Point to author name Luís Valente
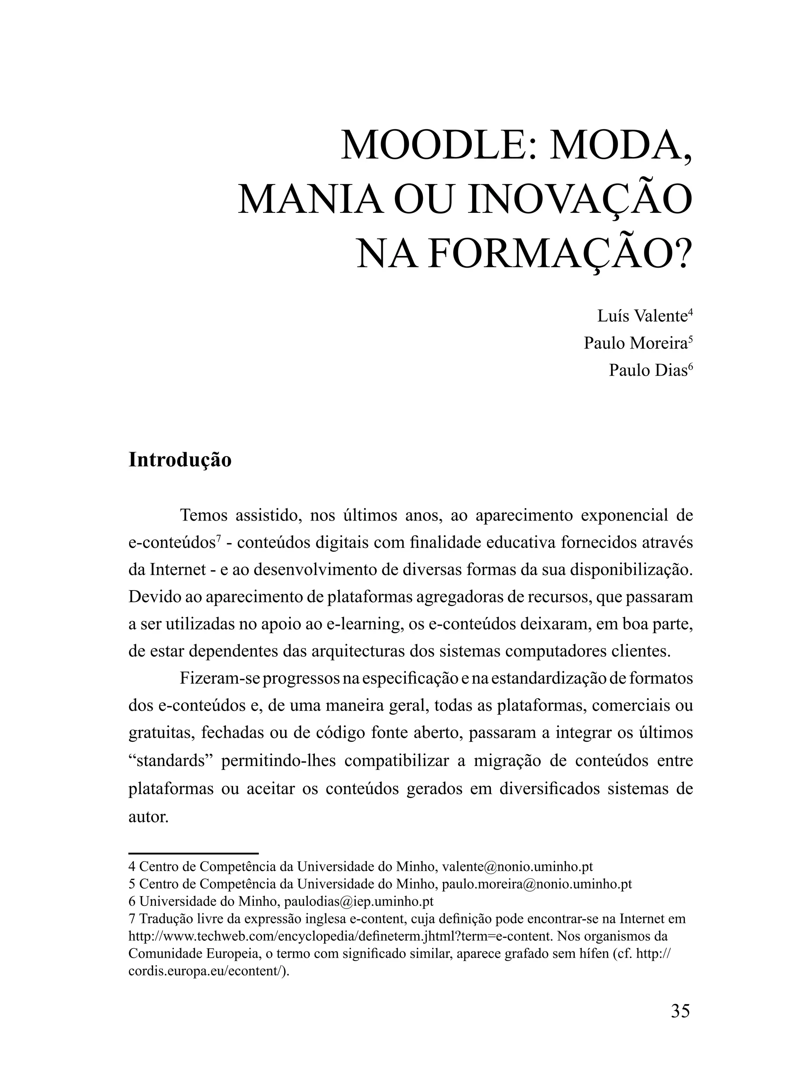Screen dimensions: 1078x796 click(x=642, y=316)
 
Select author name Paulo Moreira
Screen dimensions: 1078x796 click(x=635, y=343)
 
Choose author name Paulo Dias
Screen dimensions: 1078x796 click(x=648, y=370)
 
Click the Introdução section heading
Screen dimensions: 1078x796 click(x=180, y=460)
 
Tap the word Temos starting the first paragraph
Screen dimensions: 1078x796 click(x=203, y=515)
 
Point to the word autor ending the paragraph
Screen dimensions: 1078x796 click(x=148, y=816)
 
